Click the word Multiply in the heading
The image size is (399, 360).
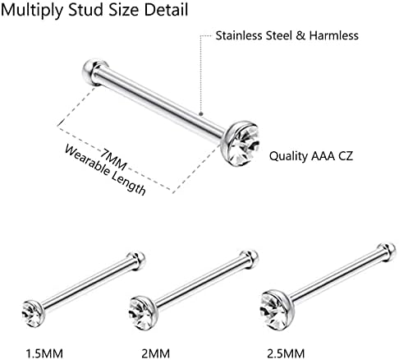tap(32, 11)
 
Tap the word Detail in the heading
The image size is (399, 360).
tap(166, 10)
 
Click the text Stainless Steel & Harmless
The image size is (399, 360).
tap(287, 35)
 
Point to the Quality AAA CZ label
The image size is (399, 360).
tap(311, 156)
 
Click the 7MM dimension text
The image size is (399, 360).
tap(113, 159)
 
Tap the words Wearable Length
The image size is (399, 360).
tap(105, 170)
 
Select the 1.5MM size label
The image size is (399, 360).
tap(44, 353)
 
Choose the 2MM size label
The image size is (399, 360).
tap(156, 353)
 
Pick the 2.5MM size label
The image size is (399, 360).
tap(286, 353)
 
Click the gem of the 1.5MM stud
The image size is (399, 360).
tap(32, 315)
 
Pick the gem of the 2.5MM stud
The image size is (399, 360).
tap(274, 311)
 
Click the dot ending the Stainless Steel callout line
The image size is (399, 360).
tap(201, 113)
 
